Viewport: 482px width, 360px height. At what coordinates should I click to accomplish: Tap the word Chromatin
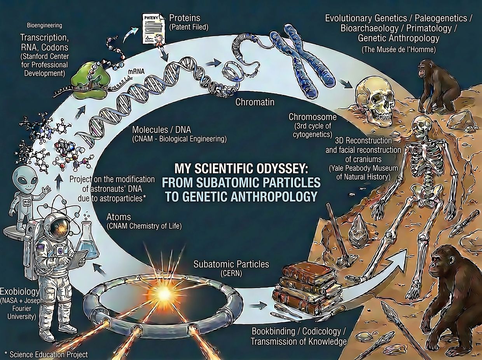click(x=255, y=103)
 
